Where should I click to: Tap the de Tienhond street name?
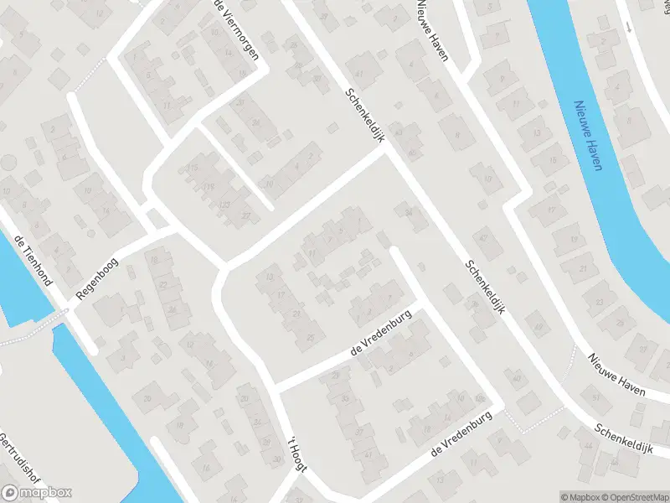(33, 260)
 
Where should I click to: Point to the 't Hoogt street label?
(297, 457)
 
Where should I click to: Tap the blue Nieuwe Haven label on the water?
(589, 134)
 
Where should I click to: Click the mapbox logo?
(37, 493)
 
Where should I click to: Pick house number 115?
(193, 169)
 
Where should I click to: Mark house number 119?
(209, 186)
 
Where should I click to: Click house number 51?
(596, 397)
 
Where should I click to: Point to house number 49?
(539, 326)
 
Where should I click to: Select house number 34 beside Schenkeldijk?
(410, 213)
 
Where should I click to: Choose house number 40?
(517, 379)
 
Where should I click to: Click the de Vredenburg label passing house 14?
(458, 438)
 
